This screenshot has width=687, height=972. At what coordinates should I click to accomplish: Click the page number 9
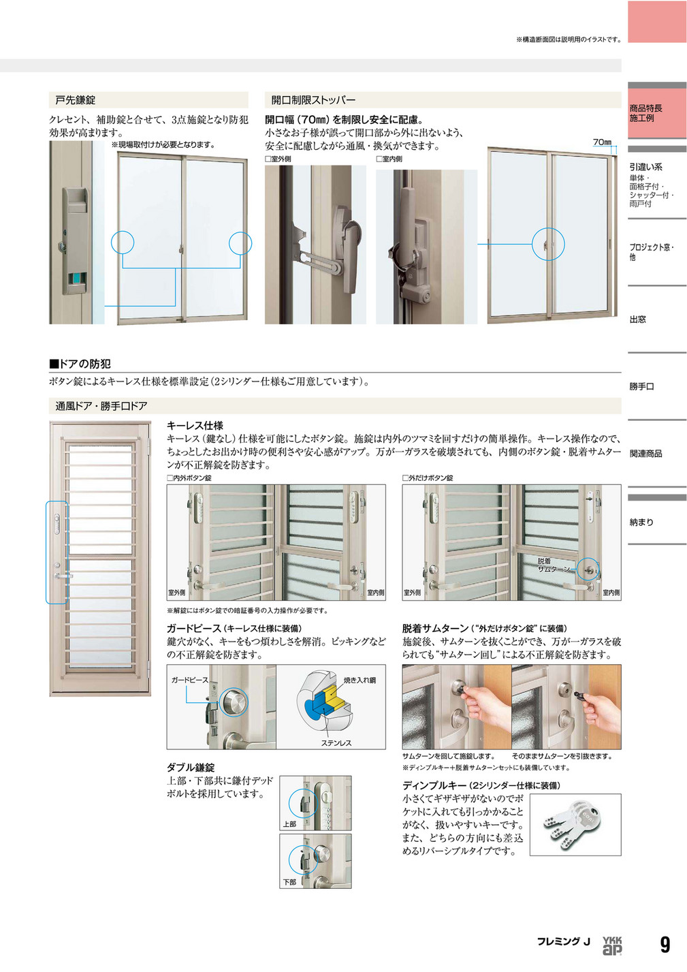click(665, 944)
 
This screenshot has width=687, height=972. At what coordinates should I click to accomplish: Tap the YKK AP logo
click(612, 944)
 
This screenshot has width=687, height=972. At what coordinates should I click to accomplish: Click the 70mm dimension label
click(602, 142)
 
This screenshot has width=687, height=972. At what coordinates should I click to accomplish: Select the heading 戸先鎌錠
click(76, 100)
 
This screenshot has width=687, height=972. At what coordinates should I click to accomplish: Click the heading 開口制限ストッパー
click(313, 100)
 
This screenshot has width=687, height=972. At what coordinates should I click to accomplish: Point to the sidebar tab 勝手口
click(641, 386)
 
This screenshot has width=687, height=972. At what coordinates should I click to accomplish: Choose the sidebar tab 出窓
click(638, 319)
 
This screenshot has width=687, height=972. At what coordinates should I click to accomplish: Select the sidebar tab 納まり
click(641, 522)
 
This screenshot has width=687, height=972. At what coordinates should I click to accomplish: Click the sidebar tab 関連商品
click(645, 454)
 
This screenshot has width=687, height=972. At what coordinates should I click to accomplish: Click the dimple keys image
click(575, 824)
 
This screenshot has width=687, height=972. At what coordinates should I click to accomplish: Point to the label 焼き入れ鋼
click(360, 680)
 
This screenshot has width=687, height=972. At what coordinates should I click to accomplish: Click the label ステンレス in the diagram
click(336, 743)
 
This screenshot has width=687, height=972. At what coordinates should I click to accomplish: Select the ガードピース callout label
click(189, 680)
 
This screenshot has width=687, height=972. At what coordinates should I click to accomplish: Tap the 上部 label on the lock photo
click(289, 824)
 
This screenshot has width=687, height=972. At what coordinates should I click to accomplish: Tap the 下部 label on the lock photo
click(289, 882)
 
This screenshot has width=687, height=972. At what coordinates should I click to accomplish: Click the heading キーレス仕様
click(195, 426)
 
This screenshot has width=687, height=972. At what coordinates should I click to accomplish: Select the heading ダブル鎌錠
click(191, 768)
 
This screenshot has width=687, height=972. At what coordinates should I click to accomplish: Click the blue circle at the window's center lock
click(548, 243)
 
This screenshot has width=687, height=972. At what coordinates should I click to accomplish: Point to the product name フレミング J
click(563, 941)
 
